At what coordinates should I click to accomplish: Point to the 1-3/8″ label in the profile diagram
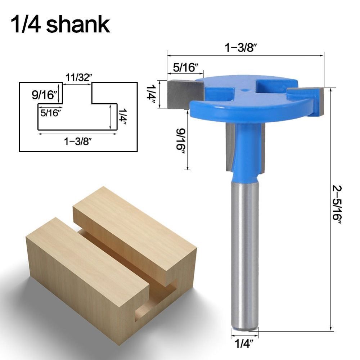pos(77,141)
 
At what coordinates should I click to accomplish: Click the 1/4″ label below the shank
pos(244,344)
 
